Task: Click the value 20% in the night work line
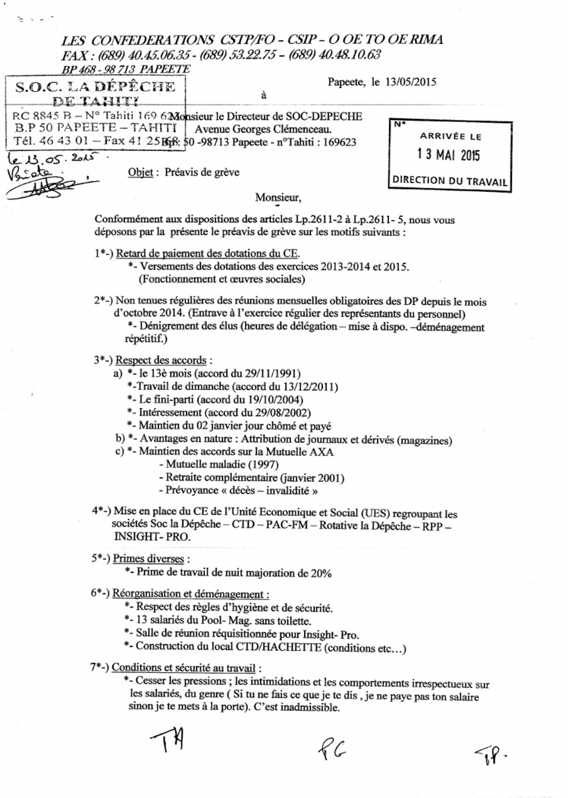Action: (319, 571)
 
